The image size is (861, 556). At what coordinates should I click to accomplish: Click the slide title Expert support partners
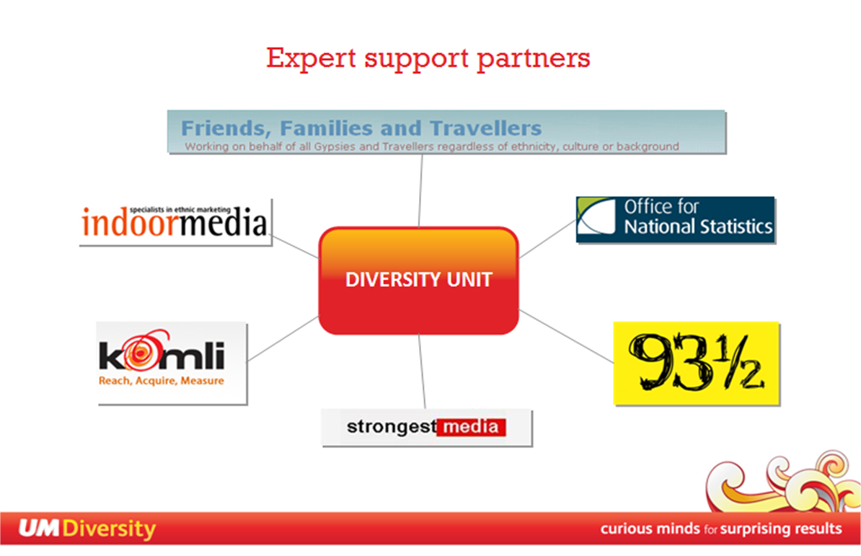point(428,58)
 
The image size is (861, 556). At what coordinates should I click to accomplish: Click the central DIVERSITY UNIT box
point(418,281)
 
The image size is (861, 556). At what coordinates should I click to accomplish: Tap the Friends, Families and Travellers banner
point(447,132)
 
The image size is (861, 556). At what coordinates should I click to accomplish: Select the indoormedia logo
point(176,222)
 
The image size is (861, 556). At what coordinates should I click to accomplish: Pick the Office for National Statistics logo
point(676,219)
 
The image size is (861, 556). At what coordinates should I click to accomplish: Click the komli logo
point(172,363)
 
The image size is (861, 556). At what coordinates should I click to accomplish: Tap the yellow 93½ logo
point(697,363)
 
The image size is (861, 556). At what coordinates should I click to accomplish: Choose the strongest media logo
point(427,428)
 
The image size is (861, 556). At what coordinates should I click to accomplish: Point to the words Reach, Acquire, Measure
point(162,380)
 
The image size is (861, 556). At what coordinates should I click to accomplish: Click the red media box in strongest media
point(472,427)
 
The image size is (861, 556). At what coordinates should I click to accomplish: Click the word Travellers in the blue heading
point(485,128)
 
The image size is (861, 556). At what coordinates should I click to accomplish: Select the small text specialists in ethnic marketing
point(180,210)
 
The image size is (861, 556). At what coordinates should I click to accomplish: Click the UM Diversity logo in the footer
point(87,529)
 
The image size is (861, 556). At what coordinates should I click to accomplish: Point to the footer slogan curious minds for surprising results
point(721,529)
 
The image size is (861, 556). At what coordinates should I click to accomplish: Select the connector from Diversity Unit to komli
point(283,339)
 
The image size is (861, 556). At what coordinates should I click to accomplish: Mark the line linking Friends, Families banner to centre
point(420,190)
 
